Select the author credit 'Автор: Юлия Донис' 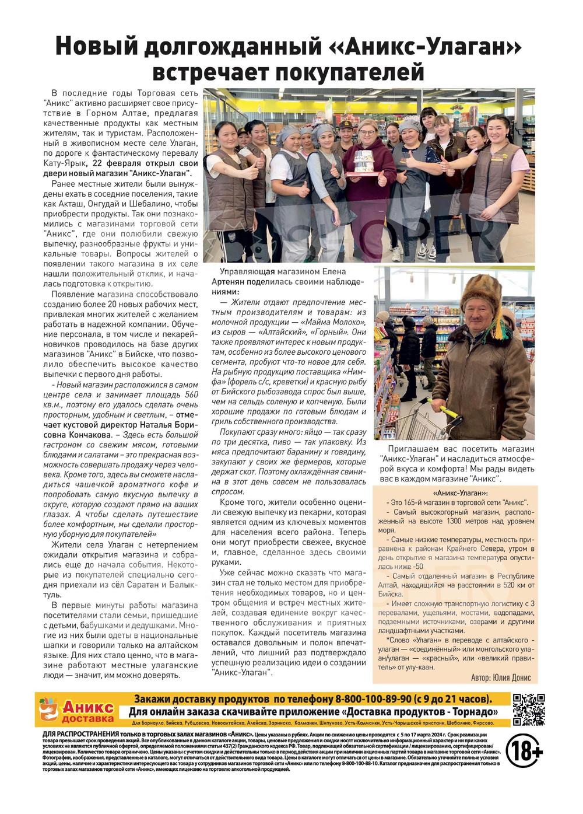pos(504,677)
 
